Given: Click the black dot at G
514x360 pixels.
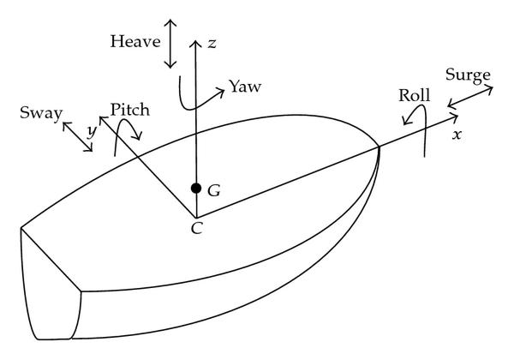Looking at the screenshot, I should (196, 189).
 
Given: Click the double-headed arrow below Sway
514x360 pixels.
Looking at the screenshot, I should (76, 135).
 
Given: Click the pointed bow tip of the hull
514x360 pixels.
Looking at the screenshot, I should (380, 147).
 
